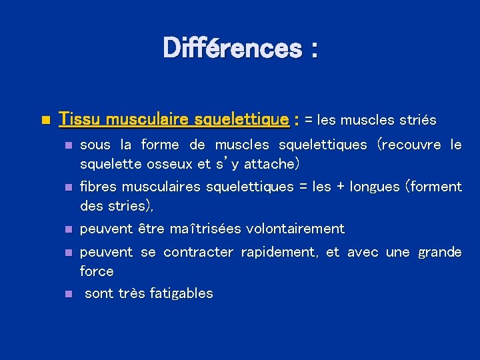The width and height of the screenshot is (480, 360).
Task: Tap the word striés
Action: pyautogui.click(x=417, y=121)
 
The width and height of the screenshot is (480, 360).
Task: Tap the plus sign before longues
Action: pyautogui.click(x=340, y=187)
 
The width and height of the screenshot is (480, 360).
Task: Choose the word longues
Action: pyautogui.click(x=374, y=187)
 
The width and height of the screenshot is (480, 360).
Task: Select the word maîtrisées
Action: pyautogui.click(x=206, y=229)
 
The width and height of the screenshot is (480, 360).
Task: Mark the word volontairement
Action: pyautogui.click(x=295, y=229)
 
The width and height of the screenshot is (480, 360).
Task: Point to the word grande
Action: pyautogui.click(x=439, y=252)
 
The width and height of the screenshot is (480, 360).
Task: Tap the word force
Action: pyautogui.click(x=97, y=271)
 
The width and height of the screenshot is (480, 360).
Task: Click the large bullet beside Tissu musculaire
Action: pyautogui.click(x=45, y=121)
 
